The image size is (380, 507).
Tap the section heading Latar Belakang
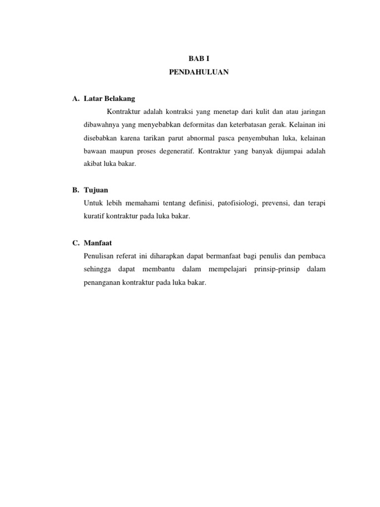point(109,99)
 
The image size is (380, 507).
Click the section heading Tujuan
point(96,190)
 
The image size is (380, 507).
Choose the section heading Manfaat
point(98,243)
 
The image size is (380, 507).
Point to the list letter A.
point(75,99)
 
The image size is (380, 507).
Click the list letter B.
point(75,190)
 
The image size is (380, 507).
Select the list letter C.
point(75,243)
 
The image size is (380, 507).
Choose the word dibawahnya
point(105,124)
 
